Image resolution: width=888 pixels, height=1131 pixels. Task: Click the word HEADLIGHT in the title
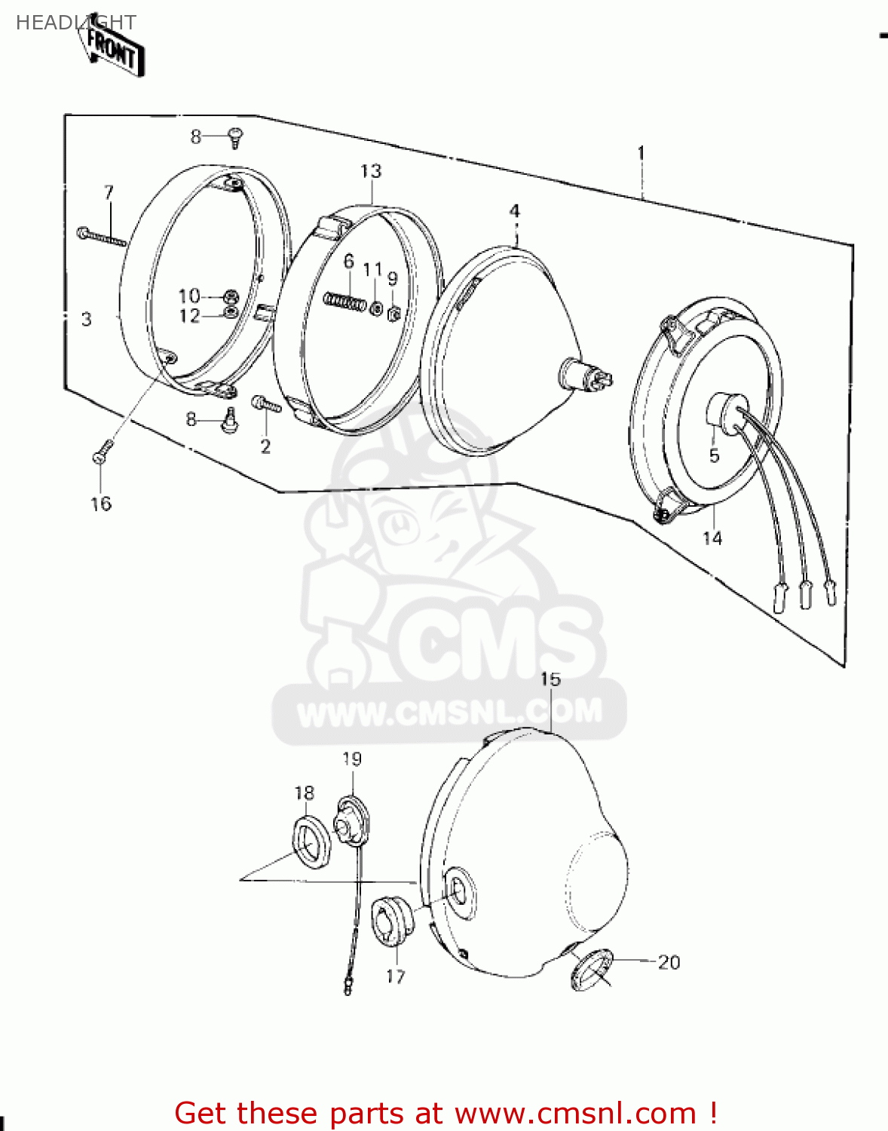point(75,23)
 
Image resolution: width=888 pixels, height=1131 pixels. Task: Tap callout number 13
point(371,171)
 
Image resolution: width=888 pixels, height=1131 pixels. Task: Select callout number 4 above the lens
point(514,211)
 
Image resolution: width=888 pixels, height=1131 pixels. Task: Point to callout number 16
point(101,504)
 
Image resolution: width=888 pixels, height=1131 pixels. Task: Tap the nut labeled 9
point(393,312)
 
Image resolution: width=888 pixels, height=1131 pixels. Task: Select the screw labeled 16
point(102,454)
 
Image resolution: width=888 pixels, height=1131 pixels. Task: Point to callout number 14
point(712,538)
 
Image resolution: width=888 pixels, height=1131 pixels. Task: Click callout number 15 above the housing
point(550,679)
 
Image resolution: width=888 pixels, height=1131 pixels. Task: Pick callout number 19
point(352,759)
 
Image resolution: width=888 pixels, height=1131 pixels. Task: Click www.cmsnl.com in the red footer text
point(575,1113)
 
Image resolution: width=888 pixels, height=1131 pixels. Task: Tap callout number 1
point(641,154)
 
